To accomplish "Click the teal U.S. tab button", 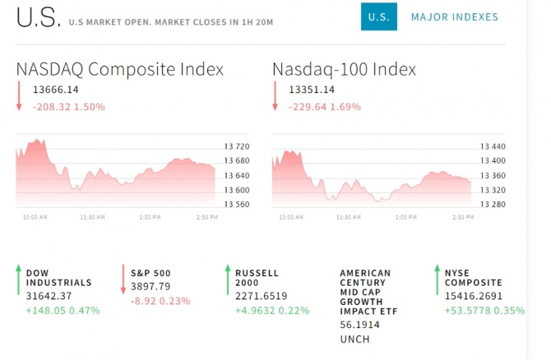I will pos(378,16).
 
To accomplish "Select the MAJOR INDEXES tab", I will pos(454,16).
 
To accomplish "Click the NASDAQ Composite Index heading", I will pos(120,69).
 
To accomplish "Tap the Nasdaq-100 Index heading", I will pos(344,69).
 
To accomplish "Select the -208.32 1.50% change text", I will pos(70,107).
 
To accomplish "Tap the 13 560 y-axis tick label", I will pos(237,205).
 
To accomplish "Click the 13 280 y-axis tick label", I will pos(493,205).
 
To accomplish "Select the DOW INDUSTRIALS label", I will pos(58,278).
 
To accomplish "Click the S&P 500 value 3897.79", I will pos(151,286).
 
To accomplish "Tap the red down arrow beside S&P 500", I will pos(123,279).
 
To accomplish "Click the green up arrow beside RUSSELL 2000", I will pos(227,279).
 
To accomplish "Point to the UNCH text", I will pos(355,339).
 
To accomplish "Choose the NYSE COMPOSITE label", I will pos(473,278).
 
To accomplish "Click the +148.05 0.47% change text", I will pos(63,311).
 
